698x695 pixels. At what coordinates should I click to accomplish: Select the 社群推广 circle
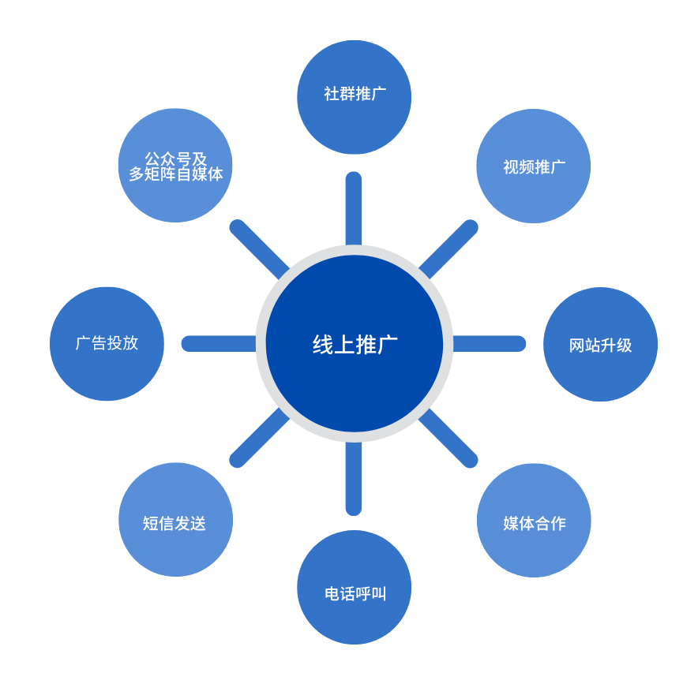[x=354, y=97]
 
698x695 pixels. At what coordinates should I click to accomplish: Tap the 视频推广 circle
[x=534, y=166]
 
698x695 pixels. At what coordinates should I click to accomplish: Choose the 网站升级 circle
[x=600, y=345]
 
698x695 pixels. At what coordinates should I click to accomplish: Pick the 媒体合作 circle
[x=534, y=521]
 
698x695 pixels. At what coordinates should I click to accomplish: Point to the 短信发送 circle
[x=175, y=520]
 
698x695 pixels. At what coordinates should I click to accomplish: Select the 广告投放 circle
[x=107, y=344]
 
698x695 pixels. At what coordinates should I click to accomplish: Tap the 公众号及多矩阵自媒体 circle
[x=175, y=166]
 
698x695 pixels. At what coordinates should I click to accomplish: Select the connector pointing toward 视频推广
[x=448, y=248]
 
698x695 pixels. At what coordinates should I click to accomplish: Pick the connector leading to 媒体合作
[x=448, y=438]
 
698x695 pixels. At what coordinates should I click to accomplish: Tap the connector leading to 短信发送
[x=259, y=438]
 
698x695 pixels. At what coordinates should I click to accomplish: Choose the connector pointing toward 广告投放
[x=220, y=344]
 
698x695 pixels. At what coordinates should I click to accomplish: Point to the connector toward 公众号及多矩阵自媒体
[x=259, y=248]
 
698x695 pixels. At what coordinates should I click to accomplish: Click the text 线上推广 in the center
[x=355, y=345]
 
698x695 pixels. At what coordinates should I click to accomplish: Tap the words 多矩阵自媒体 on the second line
[x=175, y=174]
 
